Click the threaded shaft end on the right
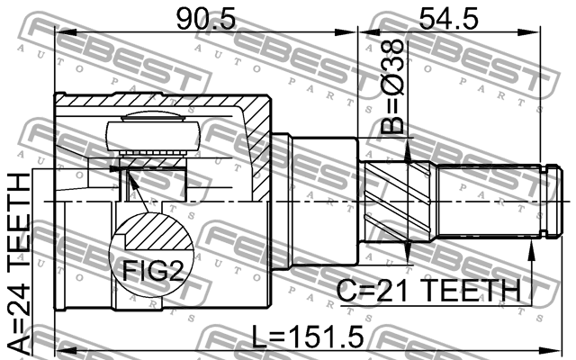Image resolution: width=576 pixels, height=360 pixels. (x=490, y=203)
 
